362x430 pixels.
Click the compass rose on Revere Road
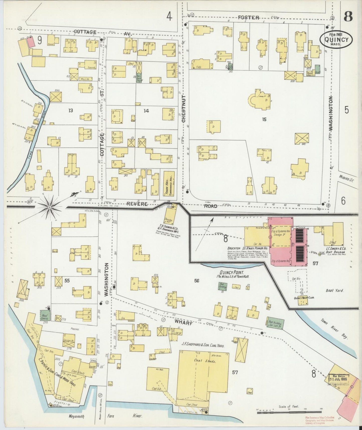(x=50, y=207)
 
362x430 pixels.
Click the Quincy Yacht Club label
(x=304, y=298)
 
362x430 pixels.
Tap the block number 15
(x=264, y=120)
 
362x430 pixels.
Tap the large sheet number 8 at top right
(x=348, y=17)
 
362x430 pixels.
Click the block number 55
(x=67, y=280)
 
